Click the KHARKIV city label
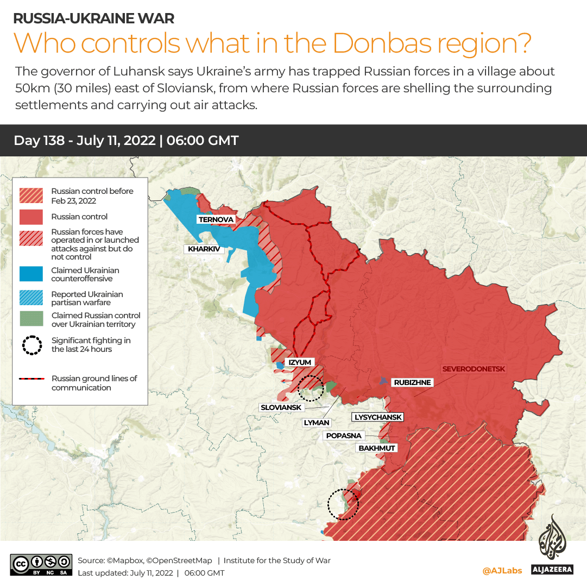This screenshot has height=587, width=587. (x=204, y=250)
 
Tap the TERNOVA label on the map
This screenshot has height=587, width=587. (x=216, y=220)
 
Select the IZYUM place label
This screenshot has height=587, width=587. (x=299, y=362)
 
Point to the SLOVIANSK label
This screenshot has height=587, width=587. (x=282, y=407)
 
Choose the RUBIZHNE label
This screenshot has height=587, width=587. (x=412, y=382)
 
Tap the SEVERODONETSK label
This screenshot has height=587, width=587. (x=474, y=369)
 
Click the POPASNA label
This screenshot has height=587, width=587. (x=343, y=435)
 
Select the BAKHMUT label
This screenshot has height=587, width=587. (x=377, y=448)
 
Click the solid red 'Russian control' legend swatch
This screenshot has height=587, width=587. (x=31, y=217)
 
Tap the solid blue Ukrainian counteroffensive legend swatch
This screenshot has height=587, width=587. (x=31, y=274)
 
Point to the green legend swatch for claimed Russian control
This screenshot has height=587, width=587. (x=31, y=319)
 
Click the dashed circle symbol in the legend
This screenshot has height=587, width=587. (x=31, y=345)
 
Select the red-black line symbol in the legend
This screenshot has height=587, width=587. (x=31, y=379)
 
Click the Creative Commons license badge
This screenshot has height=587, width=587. (x=41, y=564)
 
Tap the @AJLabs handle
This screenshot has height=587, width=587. (x=502, y=571)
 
